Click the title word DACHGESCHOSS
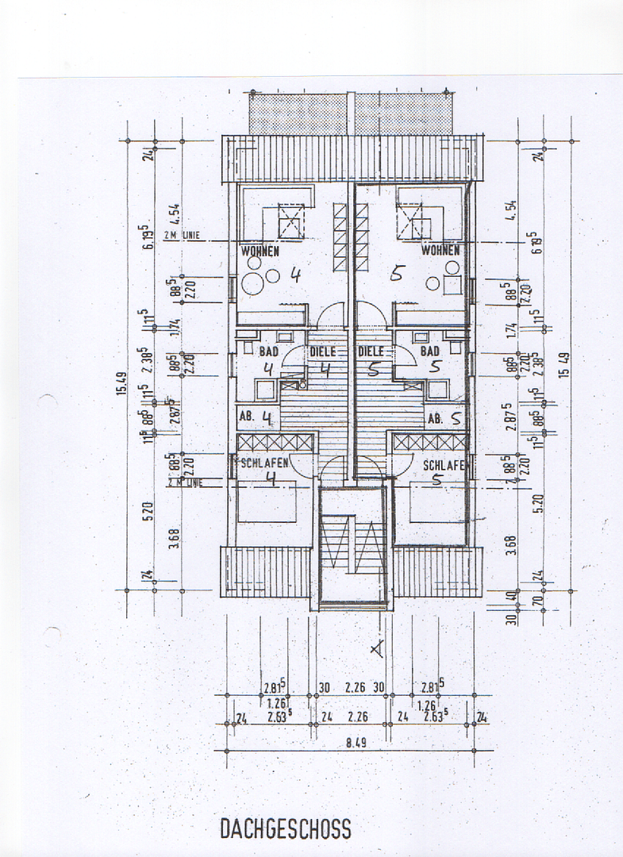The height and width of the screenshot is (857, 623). [285, 828]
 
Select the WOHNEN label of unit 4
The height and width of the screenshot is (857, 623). [260, 252]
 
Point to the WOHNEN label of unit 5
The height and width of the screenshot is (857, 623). [440, 252]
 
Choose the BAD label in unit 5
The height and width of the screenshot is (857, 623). [430, 351]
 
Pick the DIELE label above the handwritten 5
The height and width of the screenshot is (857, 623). [371, 351]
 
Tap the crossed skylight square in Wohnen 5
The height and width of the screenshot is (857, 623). [413, 220]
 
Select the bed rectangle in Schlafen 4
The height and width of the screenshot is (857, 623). [267, 504]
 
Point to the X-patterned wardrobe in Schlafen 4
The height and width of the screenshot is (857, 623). [275, 442]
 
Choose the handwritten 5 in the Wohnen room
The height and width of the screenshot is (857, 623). [398, 275]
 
